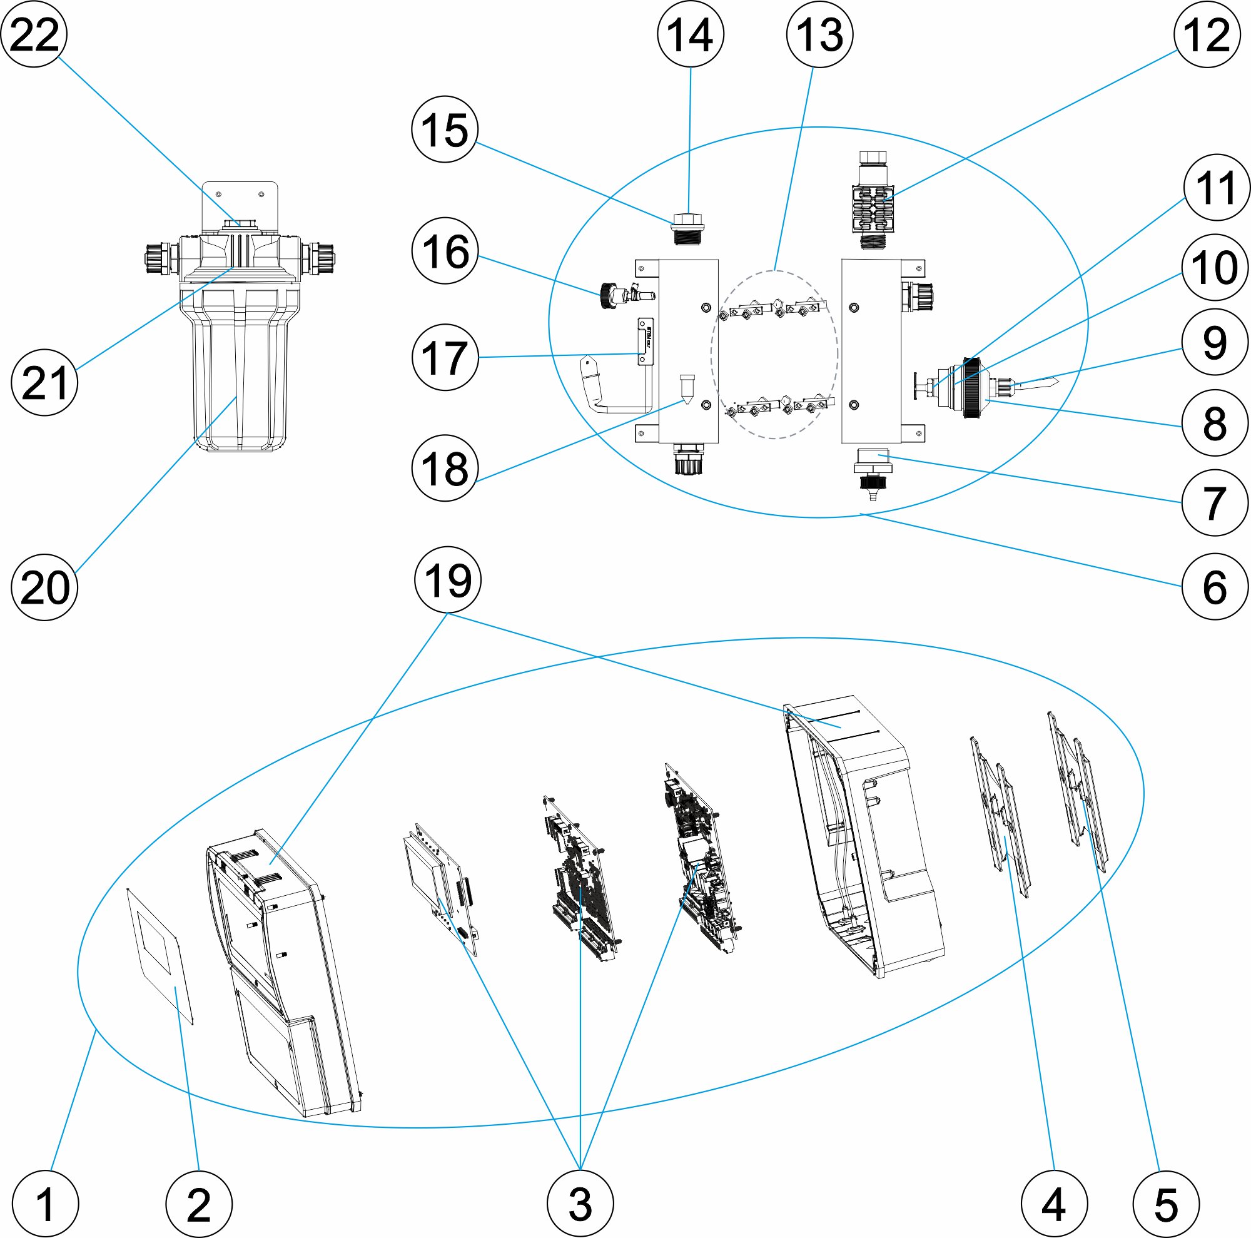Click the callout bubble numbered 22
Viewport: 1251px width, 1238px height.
[34, 34]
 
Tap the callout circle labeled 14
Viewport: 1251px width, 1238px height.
[691, 34]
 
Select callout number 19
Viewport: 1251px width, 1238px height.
[447, 580]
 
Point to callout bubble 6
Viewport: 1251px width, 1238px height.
[1215, 587]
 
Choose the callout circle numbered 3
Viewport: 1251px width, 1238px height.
[580, 1204]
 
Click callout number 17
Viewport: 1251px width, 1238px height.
[445, 357]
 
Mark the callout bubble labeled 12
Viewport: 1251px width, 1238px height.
[1207, 34]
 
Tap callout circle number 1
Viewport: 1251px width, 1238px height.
[45, 1204]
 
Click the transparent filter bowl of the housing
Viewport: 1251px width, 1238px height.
[240, 369]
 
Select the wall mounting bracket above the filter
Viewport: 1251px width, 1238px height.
[240, 201]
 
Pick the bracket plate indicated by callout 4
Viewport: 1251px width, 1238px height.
[1000, 816]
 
